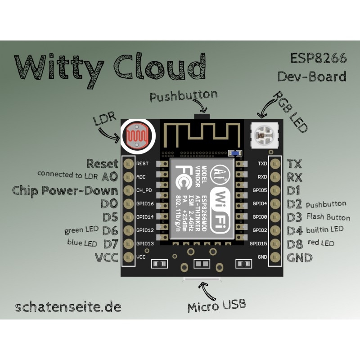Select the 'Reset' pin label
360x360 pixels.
pyautogui.click(x=102, y=163)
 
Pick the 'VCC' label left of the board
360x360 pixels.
pyautogui.click(x=107, y=258)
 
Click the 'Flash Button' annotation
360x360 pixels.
pyautogui.click(x=328, y=216)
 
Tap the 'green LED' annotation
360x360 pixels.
pyautogui.click(x=81, y=230)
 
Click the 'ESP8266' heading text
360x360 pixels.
pyautogui.click(x=318, y=59)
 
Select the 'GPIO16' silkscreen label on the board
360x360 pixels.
pyautogui.click(x=145, y=204)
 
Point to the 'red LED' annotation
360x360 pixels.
pyautogui.click(x=321, y=243)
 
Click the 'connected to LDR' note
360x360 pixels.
pyautogui.click(x=68, y=174)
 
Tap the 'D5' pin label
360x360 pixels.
pyautogui.click(x=110, y=217)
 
